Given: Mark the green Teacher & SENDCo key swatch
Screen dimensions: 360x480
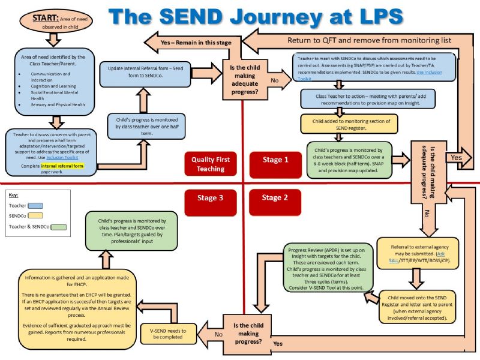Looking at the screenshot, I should (58, 227).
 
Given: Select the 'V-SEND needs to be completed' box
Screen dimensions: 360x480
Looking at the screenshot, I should (172, 334).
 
